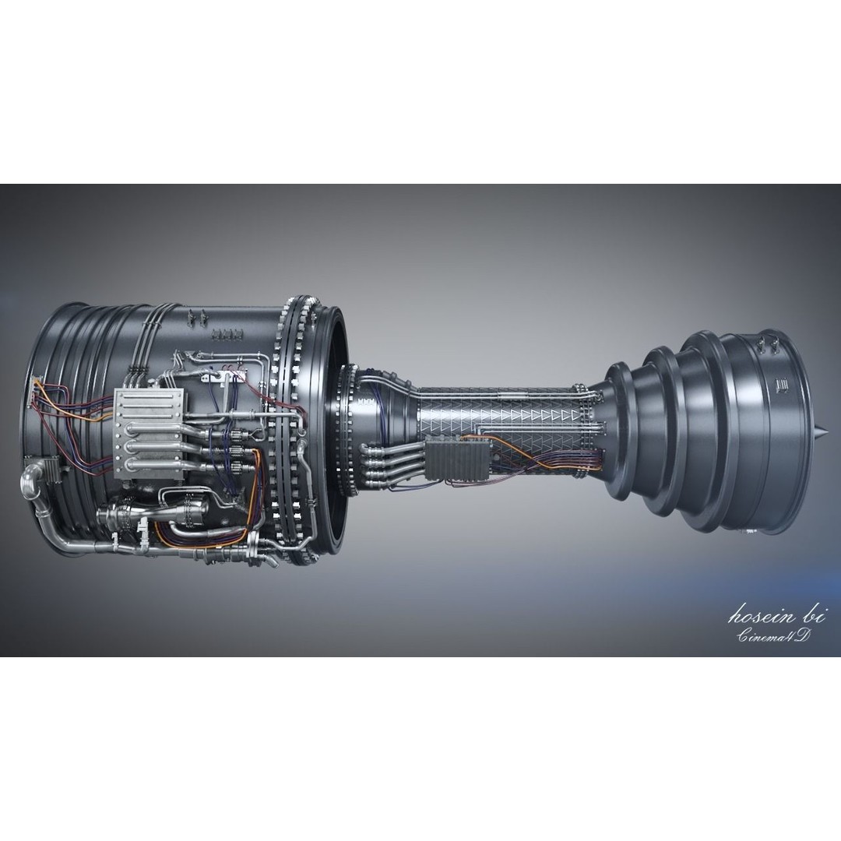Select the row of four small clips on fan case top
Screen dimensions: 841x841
[227, 335]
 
